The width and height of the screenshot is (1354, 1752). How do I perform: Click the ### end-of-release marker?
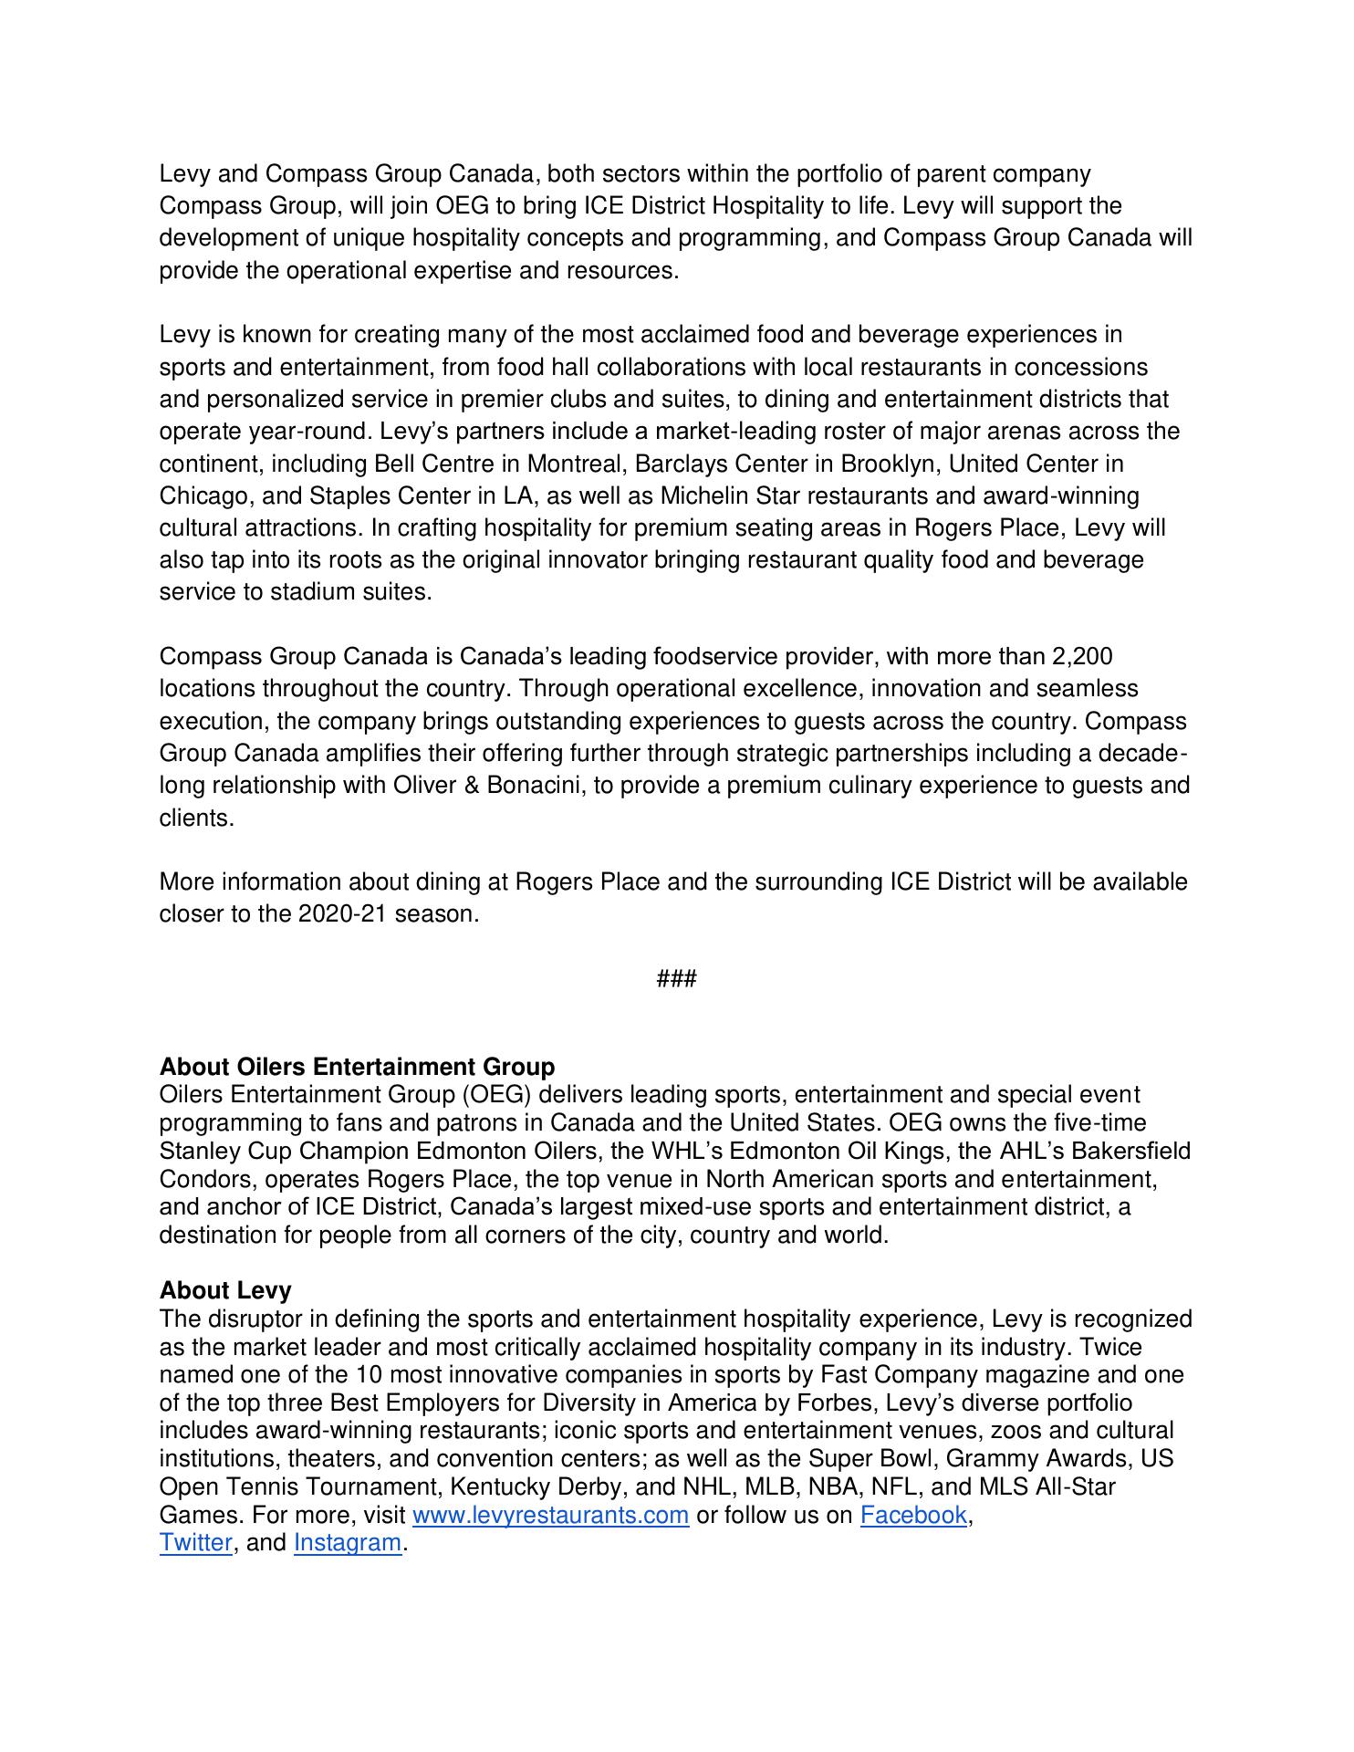pyautogui.click(x=677, y=979)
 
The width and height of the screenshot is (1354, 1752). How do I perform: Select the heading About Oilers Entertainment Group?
pyautogui.click(x=357, y=1067)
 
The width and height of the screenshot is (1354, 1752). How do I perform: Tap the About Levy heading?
pyautogui.click(x=225, y=1290)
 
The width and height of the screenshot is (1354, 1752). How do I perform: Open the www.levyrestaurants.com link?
pyautogui.click(x=550, y=1515)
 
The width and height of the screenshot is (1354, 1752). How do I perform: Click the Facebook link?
pyautogui.click(x=913, y=1515)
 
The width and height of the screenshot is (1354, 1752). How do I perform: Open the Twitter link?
pyautogui.click(x=195, y=1543)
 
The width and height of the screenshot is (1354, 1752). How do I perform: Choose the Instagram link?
pyautogui.click(x=347, y=1543)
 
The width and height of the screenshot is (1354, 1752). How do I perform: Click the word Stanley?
pyautogui.click(x=203, y=1151)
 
